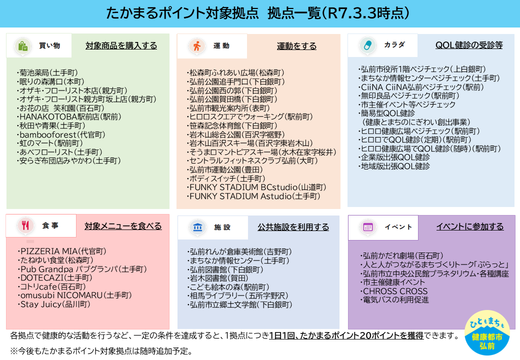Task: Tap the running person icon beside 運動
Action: [194, 46]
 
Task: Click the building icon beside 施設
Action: [194, 227]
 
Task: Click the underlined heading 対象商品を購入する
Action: [121, 46]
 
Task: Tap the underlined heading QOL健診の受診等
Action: [463, 46]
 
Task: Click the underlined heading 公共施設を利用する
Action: [293, 227]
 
